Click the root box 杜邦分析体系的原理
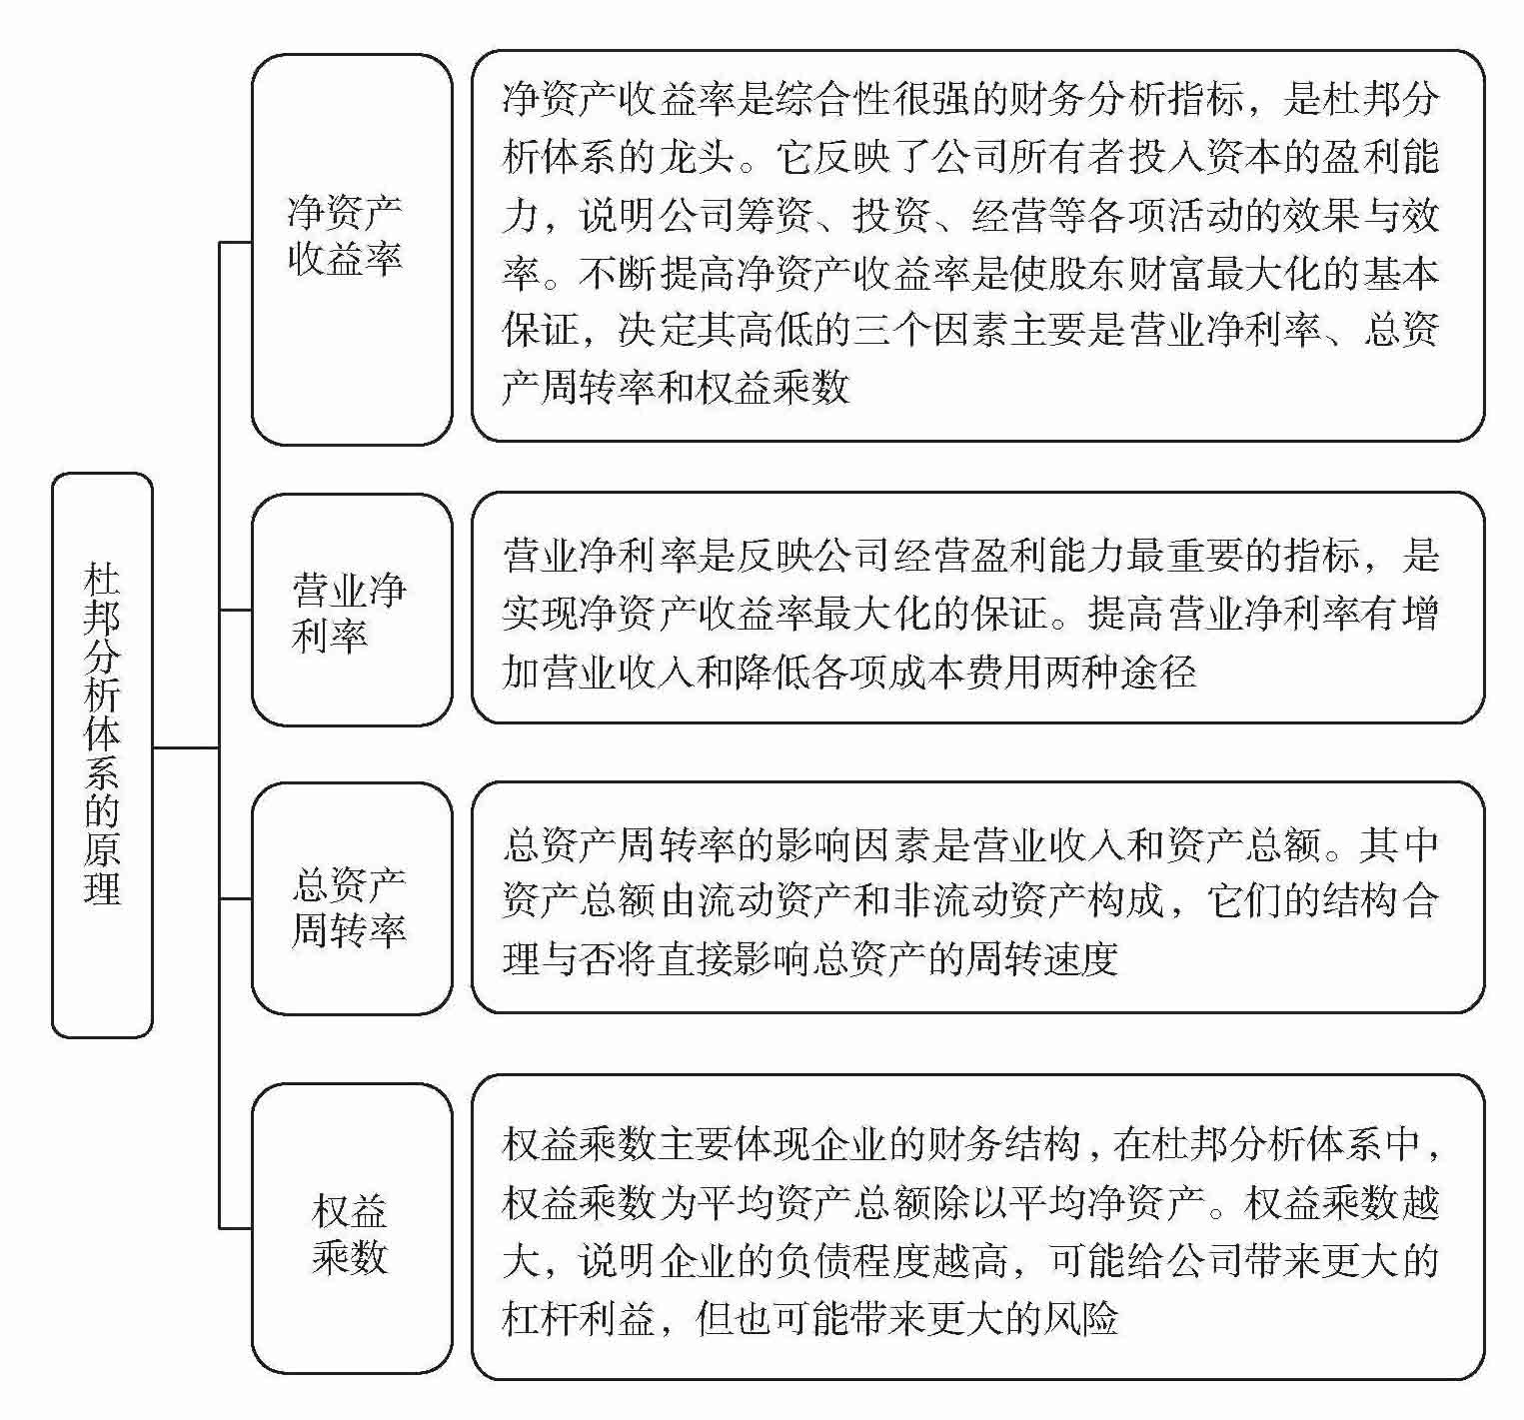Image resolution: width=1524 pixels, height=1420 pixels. (102, 754)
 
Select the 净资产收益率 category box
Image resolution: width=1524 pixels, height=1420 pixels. (351, 249)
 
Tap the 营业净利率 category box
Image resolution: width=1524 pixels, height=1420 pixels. (351, 610)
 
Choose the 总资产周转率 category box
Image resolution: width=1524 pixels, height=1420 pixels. (351, 898)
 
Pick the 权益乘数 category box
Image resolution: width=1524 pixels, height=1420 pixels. (351, 1228)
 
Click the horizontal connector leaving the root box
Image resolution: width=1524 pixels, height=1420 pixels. (185, 746)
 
